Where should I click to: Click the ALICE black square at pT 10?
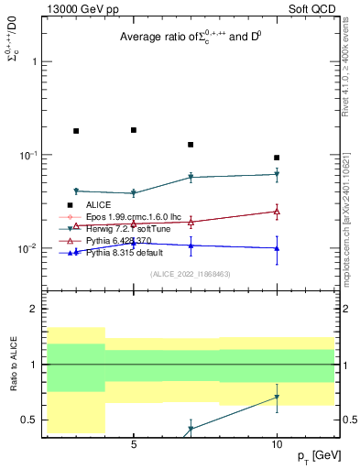[x=277, y=158]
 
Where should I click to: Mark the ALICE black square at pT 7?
[x=191, y=145]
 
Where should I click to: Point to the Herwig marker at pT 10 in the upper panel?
[x=277, y=174]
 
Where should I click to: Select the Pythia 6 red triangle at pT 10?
[x=277, y=212]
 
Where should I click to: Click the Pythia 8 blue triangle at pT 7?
[x=191, y=245]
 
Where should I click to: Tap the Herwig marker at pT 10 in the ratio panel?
[x=277, y=398]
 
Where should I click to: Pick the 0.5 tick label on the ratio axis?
[x=31, y=420]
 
